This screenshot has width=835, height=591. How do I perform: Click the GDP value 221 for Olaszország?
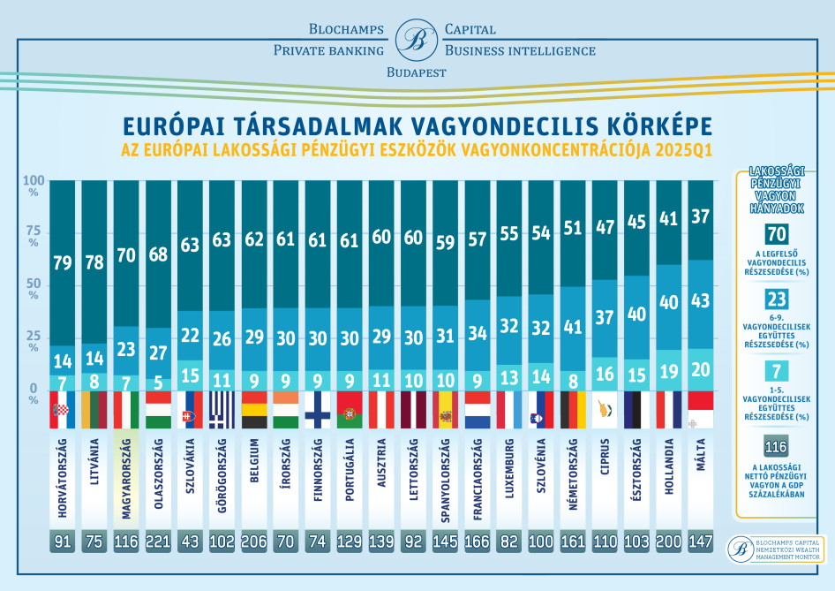pyautogui.click(x=158, y=541)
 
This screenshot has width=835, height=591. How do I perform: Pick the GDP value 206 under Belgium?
pyautogui.click(x=254, y=541)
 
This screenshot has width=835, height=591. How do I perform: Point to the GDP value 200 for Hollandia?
pyautogui.click(x=669, y=541)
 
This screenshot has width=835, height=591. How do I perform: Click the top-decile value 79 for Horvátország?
pyautogui.click(x=62, y=262)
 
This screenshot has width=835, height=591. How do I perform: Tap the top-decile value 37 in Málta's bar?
pyautogui.click(x=702, y=216)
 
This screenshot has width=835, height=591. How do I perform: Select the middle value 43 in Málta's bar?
pyautogui.click(x=702, y=300)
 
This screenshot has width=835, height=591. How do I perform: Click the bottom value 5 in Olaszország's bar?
pyautogui.click(x=158, y=383)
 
